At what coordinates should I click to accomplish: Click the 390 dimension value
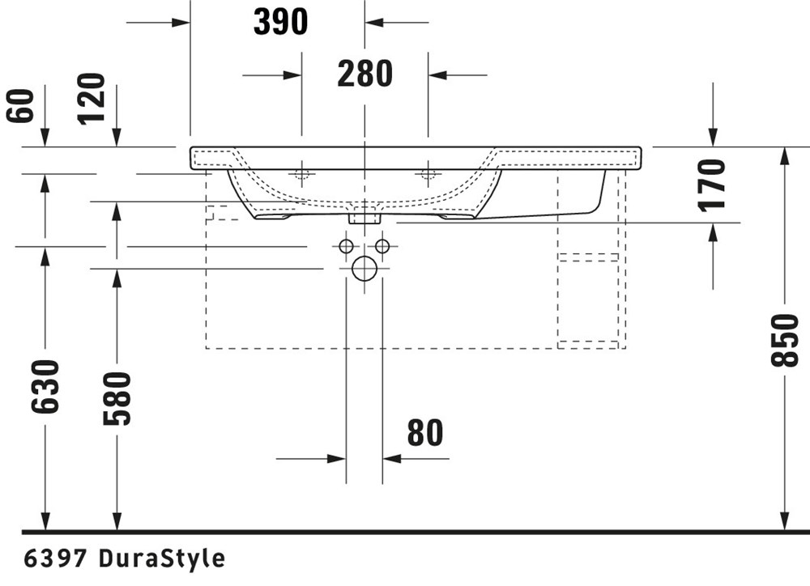tap(280, 22)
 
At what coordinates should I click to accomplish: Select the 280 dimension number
tap(364, 74)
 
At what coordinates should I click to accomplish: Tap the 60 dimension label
tap(21, 106)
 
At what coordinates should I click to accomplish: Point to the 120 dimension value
tap(92, 99)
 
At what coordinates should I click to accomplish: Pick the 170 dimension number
tap(712, 185)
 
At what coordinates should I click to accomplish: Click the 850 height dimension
tap(785, 340)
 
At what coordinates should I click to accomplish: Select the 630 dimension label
tap(45, 387)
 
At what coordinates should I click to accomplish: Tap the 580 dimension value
tap(117, 398)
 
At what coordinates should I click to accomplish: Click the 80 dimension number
tap(425, 433)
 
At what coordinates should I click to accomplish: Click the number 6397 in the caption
tap(55, 558)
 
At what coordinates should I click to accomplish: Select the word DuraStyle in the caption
tap(162, 559)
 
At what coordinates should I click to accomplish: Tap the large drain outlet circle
tap(364, 269)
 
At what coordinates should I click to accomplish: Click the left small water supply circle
tap(346, 246)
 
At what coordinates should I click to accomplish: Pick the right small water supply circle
tap(382, 246)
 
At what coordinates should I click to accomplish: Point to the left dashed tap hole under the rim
tap(301, 174)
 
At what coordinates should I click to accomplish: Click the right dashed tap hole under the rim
tap(428, 174)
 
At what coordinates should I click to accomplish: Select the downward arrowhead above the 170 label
tap(713, 138)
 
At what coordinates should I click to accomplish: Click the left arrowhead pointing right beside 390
tap(181, 22)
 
